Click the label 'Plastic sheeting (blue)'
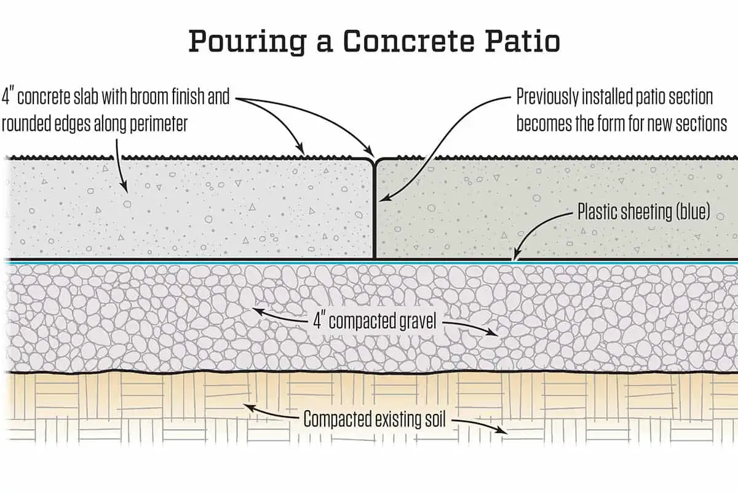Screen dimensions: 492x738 click(643, 213)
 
